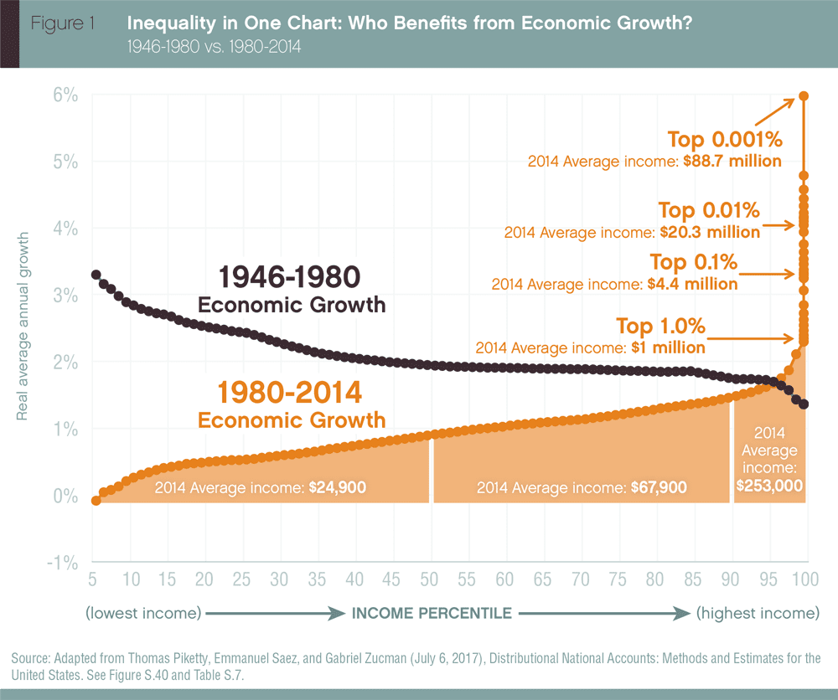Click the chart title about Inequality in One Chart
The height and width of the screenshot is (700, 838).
coord(409,23)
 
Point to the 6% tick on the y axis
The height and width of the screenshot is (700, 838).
coord(67,95)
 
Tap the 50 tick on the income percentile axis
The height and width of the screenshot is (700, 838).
coord(429,579)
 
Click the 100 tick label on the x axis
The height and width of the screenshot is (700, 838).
coord(806,579)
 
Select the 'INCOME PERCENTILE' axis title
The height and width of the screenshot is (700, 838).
coord(432,613)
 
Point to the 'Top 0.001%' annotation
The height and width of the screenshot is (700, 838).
coord(724,139)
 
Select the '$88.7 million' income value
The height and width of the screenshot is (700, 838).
coord(731,161)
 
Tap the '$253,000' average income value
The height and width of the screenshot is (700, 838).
coord(769,485)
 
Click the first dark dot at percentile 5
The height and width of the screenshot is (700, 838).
coord(96,275)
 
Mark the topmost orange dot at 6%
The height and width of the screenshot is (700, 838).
coord(804,95)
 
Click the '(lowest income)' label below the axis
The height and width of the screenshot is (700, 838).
coord(143,613)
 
